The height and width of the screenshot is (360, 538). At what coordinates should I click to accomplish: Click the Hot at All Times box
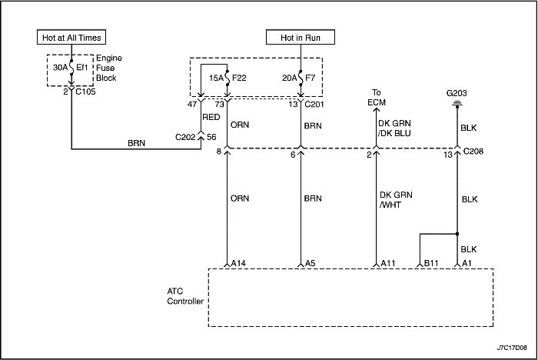pyautogui.click(x=71, y=37)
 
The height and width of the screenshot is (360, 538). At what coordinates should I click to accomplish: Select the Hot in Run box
pyautogui.click(x=301, y=37)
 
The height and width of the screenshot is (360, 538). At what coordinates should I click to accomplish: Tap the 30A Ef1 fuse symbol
pyautogui.click(x=71, y=68)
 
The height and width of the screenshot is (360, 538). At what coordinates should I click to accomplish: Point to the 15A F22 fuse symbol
pyautogui.click(x=227, y=78)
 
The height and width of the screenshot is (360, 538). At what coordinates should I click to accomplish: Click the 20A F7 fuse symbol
pyautogui.click(x=301, y=78)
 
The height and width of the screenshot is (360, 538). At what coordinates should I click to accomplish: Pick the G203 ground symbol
pyautogui.click(x=457, y=104)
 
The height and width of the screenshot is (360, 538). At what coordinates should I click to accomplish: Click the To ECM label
pyautogui.click(x=377, y=98)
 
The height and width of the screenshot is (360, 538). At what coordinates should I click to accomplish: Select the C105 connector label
pyautogui.click(x=85, y=92)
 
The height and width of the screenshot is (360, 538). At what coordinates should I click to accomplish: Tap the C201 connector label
pyautogui.click(x=314, y=104)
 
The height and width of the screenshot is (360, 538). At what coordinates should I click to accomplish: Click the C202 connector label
pyautogui.click(x=185, y=137)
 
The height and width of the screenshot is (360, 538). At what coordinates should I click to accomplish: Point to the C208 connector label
pyautogui.click(x=473, y=151)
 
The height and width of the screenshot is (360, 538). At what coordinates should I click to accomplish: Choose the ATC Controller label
pyautogui.click(x=185, y=296)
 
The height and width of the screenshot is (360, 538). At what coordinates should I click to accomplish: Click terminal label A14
pyautogui.click(x=238, y=263)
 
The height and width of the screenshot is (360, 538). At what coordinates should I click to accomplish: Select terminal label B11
pyautogui.click(x=431, y=263)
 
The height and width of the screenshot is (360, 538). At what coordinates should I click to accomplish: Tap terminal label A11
pyautogui.click(x=388, y=263)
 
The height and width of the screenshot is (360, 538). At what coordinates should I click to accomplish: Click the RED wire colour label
pyautogui.click(x=211, y=117)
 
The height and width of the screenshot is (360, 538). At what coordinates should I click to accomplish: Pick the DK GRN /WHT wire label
pyautogui.click(x=396, y=200)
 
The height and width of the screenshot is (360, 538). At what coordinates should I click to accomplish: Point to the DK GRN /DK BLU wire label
pyautogui.click(x=394, y=128)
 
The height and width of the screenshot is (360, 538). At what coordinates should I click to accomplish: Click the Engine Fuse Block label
pyautogui.click(x=109, y=68)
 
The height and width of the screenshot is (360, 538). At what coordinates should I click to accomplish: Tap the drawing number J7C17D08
pyautogui.click(x=512, y=348)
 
